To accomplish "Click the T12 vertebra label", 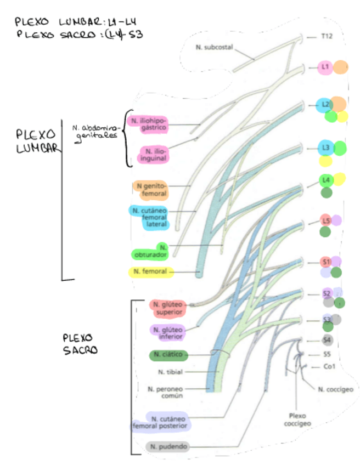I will pyautogui.click(x=328, y=37).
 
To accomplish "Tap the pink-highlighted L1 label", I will pyautogui.click(x=325, y=67).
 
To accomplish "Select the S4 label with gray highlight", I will pyautogui.click(x=327, y=340).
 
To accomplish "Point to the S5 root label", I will pyautogui.click(x=327, y=354).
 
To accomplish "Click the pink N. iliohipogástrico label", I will pyautogui.click(x=148, y=123).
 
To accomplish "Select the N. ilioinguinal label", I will pyautogui.click(x=154, y=154).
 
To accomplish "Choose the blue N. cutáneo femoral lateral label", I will pyautogui.click(x=149, y=217).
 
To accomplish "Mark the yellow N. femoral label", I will pyautogui.click(x=151, y=271).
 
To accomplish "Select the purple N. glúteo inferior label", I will pyautogui.click(x=167, y=333).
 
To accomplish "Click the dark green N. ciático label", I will pyautogui.click(x=167, y=355).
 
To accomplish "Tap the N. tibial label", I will pyautogui.click(x=170, y=372).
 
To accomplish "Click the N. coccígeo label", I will pyautogui.click(x=335, y=389).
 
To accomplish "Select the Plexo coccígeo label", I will pyautogui.click(x=297, y=419).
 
